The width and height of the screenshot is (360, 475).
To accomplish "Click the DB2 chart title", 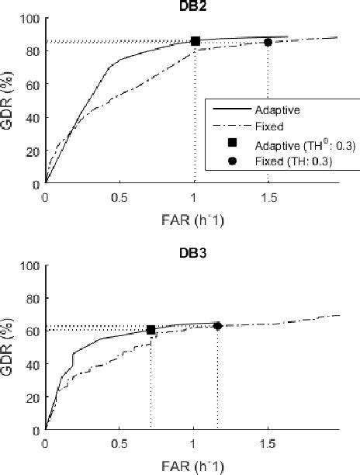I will (192, 5).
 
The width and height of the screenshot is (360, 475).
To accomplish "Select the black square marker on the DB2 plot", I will (196, 41).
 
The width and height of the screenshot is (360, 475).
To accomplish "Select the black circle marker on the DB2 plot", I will (268, 43).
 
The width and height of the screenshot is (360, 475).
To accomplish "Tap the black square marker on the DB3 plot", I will (151, 330).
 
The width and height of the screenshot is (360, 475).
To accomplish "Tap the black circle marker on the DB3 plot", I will (217, 326).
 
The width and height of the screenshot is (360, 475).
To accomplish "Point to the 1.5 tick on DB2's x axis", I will (268, 197).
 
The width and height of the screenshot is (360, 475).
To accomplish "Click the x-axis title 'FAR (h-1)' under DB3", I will (192, 463).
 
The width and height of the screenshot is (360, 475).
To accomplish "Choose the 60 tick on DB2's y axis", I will (33, 84).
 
